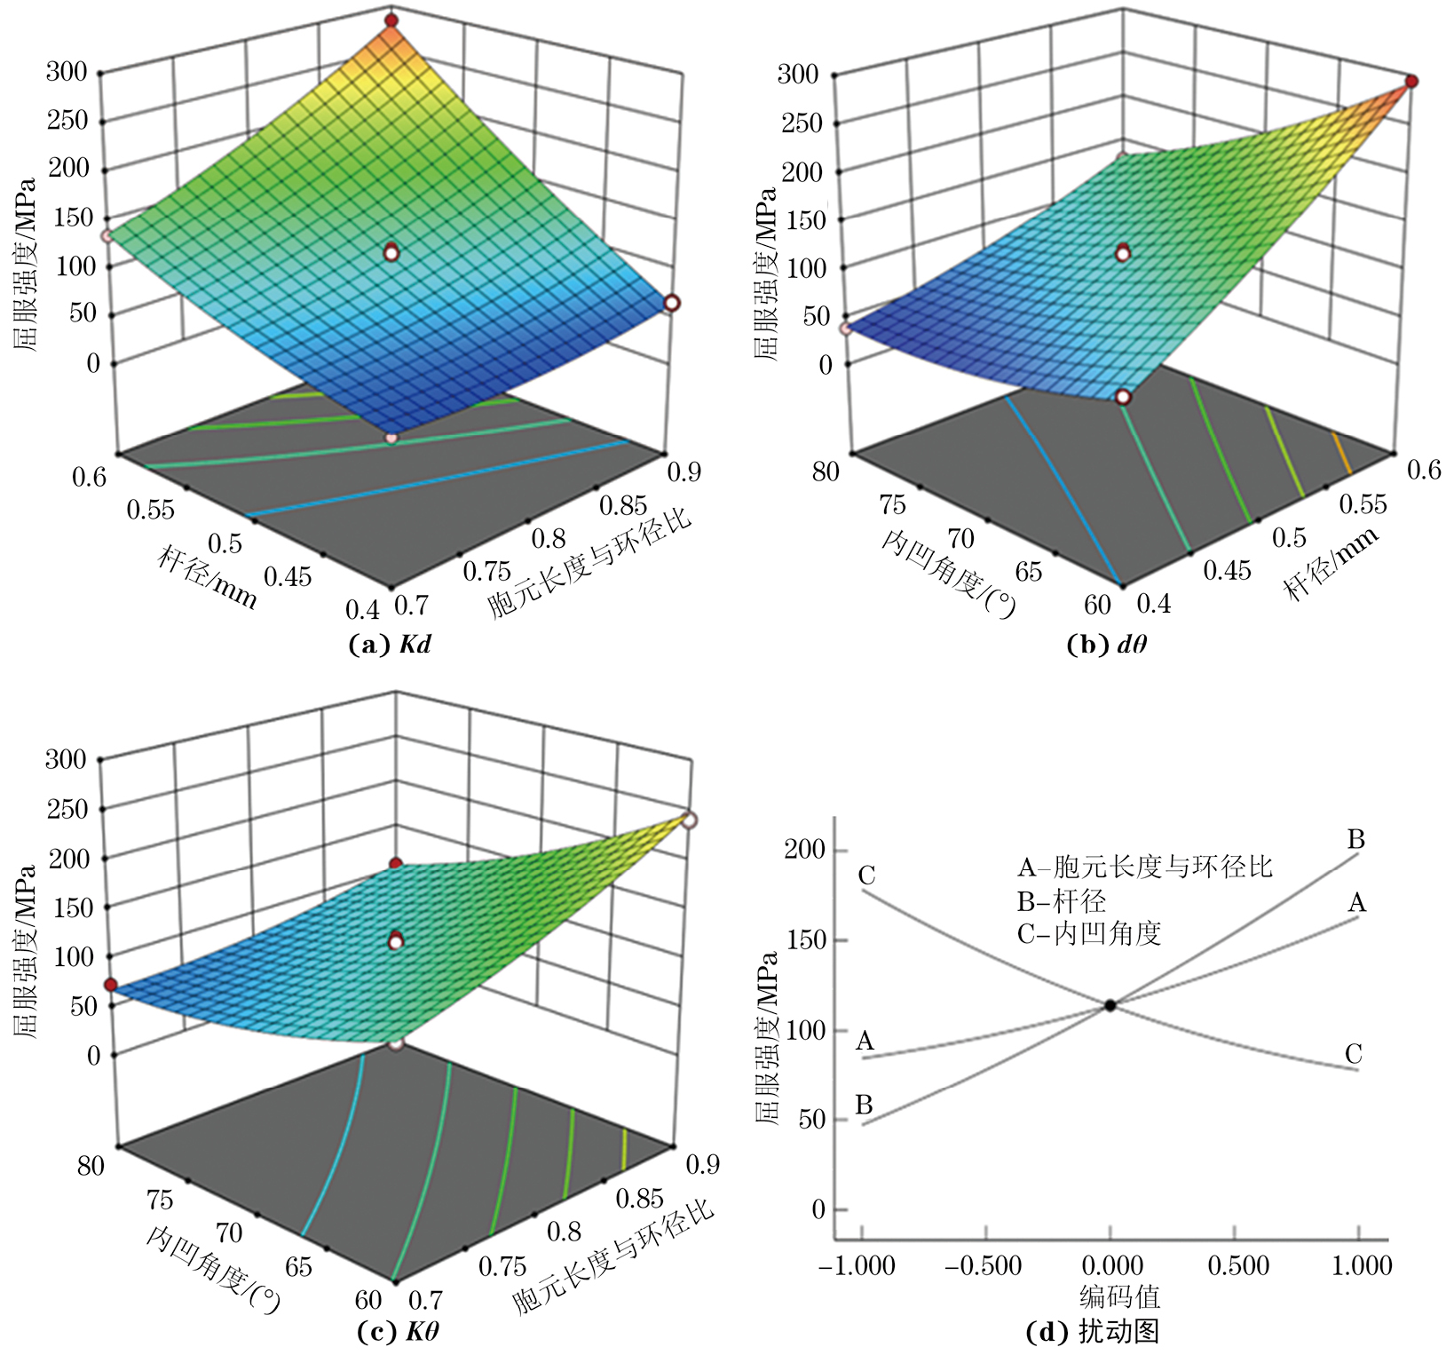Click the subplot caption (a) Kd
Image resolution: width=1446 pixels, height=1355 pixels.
coord(391,645)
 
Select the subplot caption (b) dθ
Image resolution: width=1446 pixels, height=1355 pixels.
coord(1106,645)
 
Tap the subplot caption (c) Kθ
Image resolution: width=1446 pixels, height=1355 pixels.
coord(397,1331)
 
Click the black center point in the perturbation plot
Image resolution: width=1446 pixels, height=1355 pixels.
coord(1110,1005)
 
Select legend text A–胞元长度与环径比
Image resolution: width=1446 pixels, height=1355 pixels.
coord(1144,867)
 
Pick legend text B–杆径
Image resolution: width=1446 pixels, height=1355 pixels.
coord(1062,901)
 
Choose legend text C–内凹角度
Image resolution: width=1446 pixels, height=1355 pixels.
coord(1088,933)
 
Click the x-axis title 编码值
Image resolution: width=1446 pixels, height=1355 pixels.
coord(1119,1297)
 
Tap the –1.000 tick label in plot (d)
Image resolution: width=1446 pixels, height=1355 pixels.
coord(857,1265)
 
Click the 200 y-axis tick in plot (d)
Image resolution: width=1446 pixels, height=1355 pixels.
coord(804,849)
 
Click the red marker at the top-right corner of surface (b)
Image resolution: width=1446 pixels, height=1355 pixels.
coord(1410,82)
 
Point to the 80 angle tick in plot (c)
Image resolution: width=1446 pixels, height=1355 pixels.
coord(91,1165)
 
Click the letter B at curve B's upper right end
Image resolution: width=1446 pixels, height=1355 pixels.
coord(1355,838)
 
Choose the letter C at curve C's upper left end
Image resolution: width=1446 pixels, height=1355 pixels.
coord(866,876)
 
